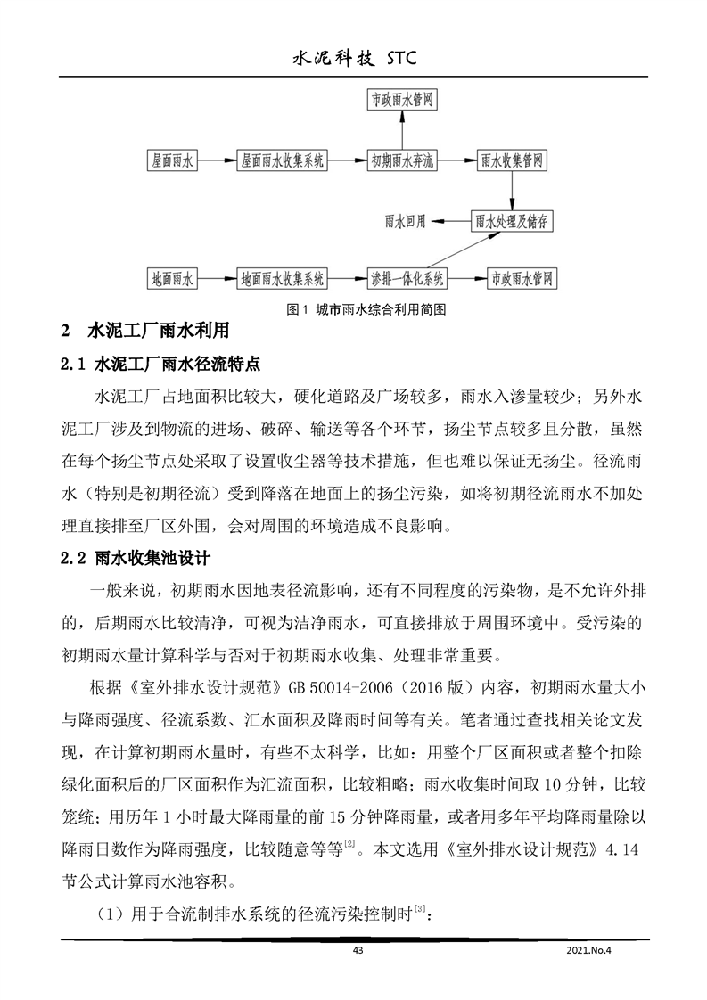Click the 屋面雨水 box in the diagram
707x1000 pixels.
[172, 161]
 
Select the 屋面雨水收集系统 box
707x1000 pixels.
[282, 161]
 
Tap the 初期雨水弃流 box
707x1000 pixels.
[403, 161]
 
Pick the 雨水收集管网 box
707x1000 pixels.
[512, 161]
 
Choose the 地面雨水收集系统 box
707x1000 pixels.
[283, 277]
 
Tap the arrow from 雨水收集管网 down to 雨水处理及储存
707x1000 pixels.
[512, 191]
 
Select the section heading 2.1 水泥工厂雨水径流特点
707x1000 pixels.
[160, 365]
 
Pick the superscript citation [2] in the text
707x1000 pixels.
[349, 840]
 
